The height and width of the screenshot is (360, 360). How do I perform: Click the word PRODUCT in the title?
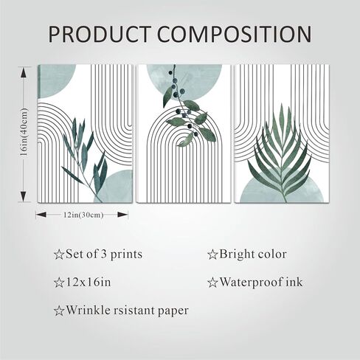pyautogui.click(x=100, y=34)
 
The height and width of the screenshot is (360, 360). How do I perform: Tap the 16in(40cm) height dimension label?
pyautogui.click(x=24, y=132)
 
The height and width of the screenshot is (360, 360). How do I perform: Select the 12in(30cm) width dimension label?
pyautogui.click(x=83, y=215)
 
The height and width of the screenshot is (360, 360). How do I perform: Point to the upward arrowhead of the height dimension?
pyautogui.click(x=24, y=73)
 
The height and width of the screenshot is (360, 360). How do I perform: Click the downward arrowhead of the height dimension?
pyautogui.click(x=24, y=196)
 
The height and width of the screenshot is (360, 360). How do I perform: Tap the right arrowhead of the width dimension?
pyautogui.click(x=122, y=215)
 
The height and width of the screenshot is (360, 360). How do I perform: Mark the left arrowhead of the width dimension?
pyautogui.click(x=41, y=215)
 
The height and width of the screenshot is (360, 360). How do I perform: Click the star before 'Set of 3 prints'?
pyautogui.click(x=59, y=255)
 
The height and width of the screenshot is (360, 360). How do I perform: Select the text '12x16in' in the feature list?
pyautogui.click(x=88, y=282)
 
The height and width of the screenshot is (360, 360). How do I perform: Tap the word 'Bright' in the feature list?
pyautogui.click(x=235, y=255)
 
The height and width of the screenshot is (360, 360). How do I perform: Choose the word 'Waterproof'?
pyautogui.click(x=251, y=283)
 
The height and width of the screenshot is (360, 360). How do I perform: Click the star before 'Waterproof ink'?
pyautogui.click(x=212, y=283)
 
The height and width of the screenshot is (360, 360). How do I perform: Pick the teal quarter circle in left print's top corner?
pyautogui.click(x=55, y=79)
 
